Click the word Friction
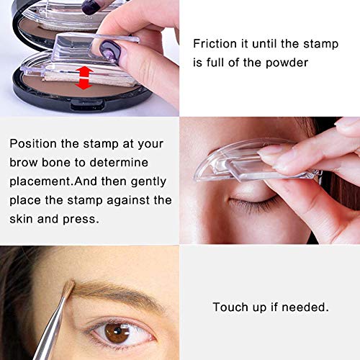pyautogui.click(x=215, y=43)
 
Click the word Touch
pyautogui.click(x=230, y=307)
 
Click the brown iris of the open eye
pyautogui.click(x=118, y=332)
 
